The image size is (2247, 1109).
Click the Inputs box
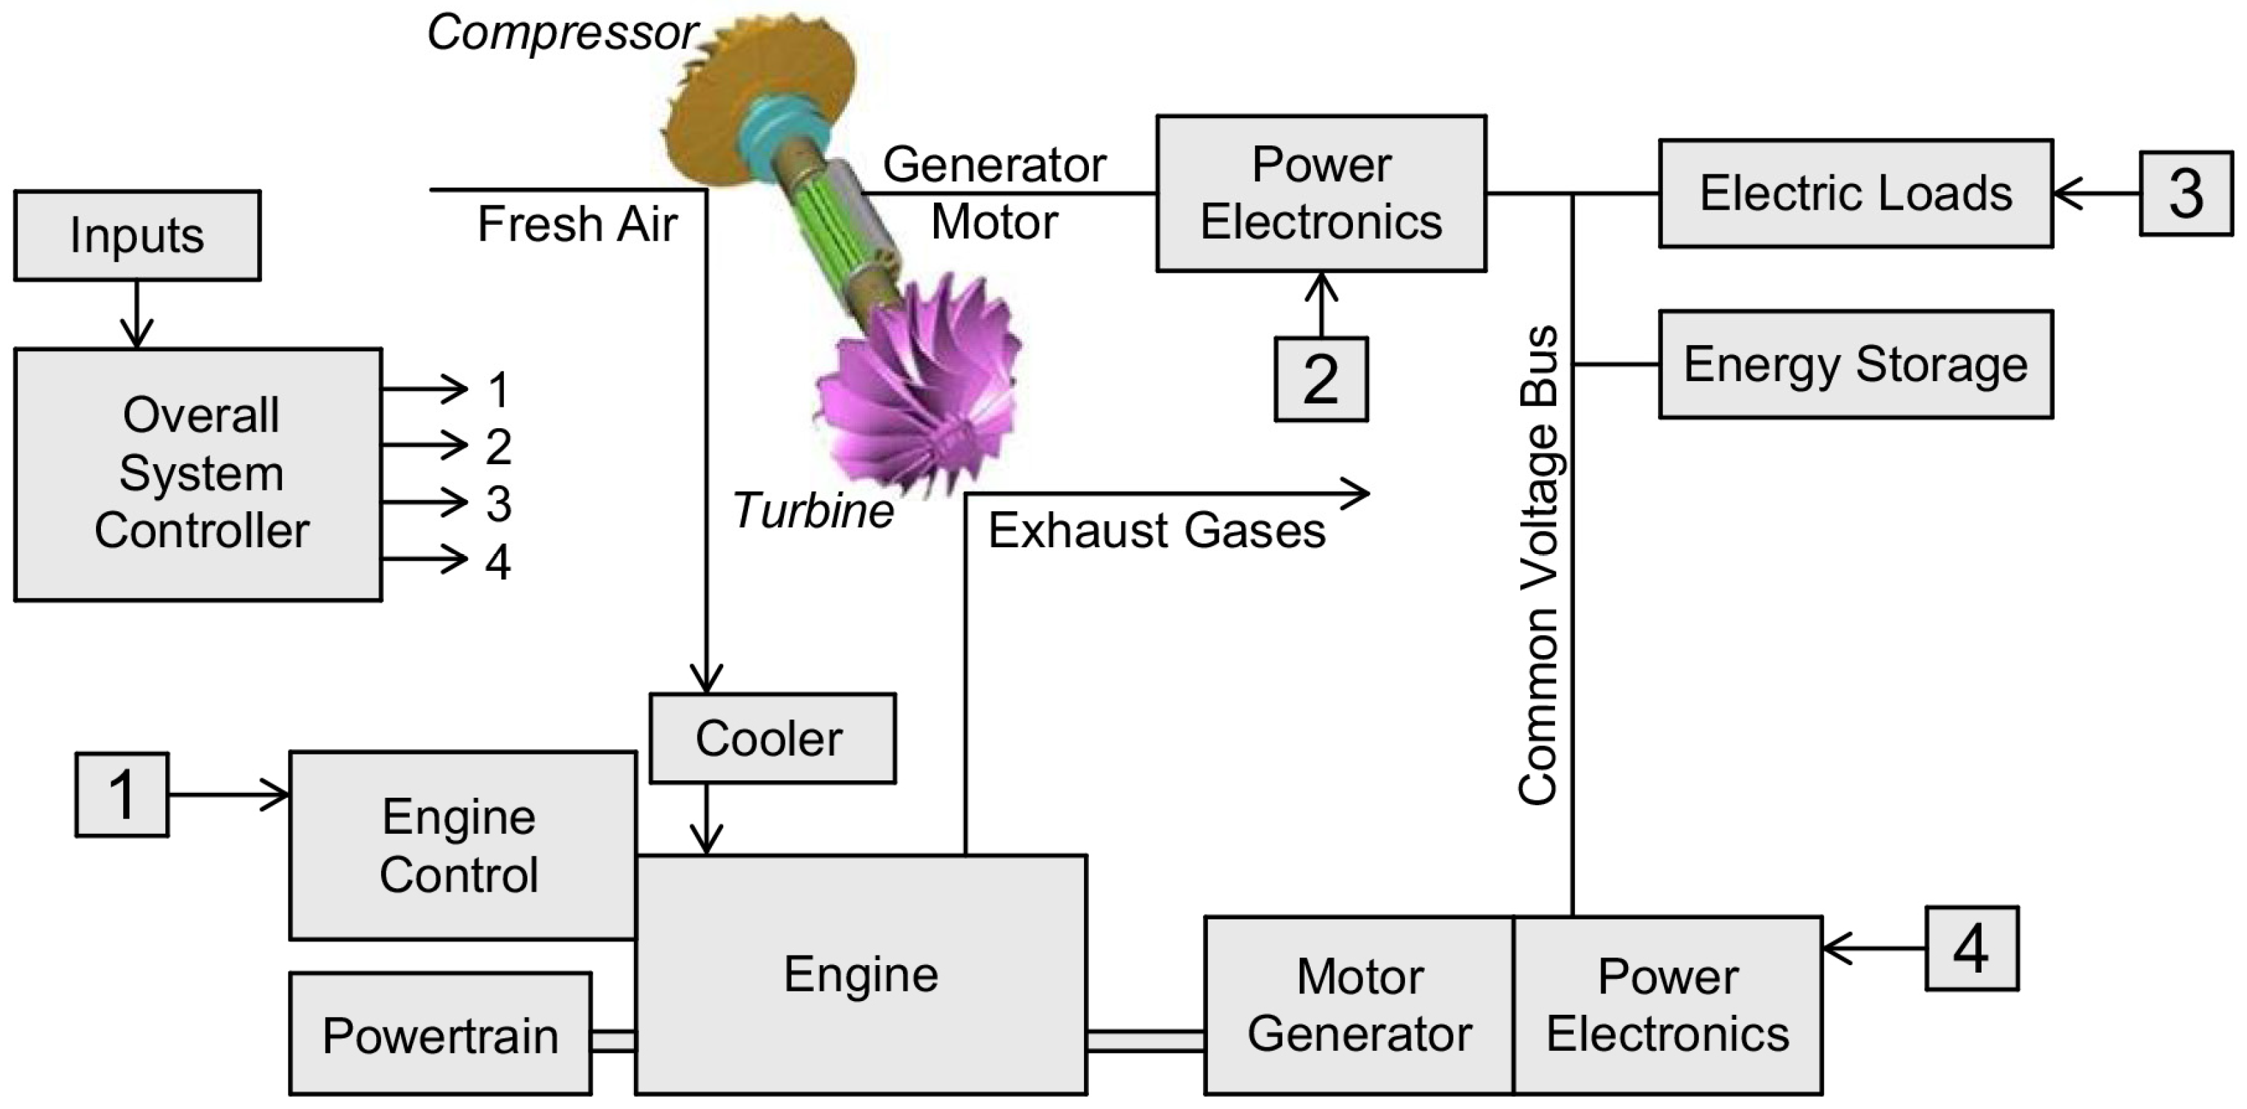tap(137, 236)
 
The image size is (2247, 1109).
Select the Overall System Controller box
tap(198, 475)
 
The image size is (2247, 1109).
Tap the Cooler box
tap(772, 738)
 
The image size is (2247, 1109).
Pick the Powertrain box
tap(440, 1034)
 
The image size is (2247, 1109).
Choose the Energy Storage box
tap(1856, 365)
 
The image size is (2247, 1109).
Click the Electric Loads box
tap(1856, 194)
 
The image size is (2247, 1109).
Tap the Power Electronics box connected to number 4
tap(1667, 1005)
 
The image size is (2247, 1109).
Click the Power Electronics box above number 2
tap(1321, 194)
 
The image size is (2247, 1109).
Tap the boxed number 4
tap(1971, 948)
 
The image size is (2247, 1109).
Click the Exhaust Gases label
tap(1157, 531)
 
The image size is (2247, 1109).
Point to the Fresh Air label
tap(577, 224)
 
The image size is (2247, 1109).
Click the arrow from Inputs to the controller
tap(137, 314)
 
